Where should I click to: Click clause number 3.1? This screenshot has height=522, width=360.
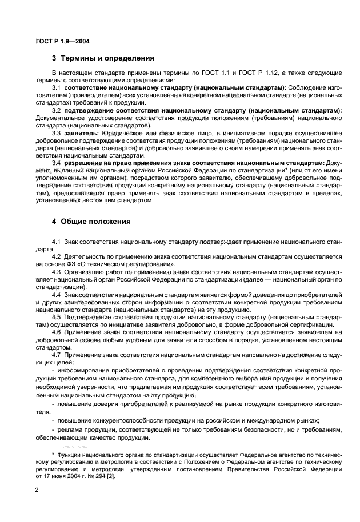click(x=57, y=87)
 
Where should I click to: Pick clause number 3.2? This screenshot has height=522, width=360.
click(x=57, y=110)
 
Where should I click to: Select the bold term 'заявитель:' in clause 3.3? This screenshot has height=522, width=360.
click(x=82, y=132)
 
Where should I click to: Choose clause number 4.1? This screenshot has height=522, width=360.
click(x=57, y=242)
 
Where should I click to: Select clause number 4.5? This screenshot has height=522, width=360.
click(x=57, y=316)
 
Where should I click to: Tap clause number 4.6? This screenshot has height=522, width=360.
click(x=57, y=331)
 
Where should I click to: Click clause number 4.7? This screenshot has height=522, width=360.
click(x=57, y=354)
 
